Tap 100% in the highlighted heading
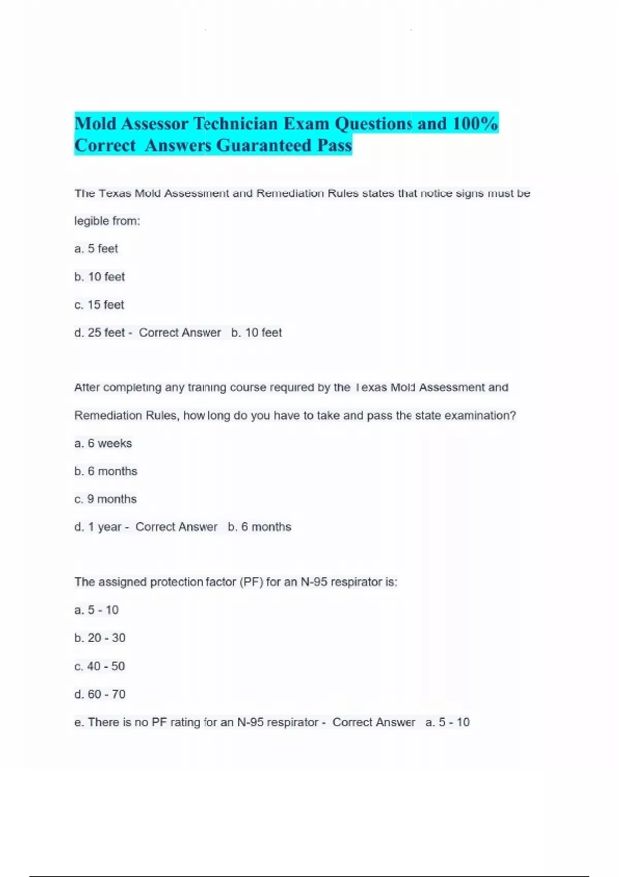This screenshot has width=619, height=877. coord(475,124)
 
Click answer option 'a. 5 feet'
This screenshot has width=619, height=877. coord(96,249)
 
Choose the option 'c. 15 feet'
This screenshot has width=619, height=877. coord(100,305)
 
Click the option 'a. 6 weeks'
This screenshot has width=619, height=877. coord(103,443)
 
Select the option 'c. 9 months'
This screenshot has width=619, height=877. coord(106,499)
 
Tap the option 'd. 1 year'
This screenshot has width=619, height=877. coord(97,527)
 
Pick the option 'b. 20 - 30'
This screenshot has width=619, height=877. coord(100,638)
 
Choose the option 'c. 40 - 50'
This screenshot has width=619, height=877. coord(100,666)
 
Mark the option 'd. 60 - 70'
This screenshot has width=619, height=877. coord(100,694)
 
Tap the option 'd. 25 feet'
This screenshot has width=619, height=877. coord(100,333)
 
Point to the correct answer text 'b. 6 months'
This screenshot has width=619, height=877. coord(259,527)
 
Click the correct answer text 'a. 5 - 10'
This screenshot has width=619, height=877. coord(447,722)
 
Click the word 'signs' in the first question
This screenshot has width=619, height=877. coord(469,193)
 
